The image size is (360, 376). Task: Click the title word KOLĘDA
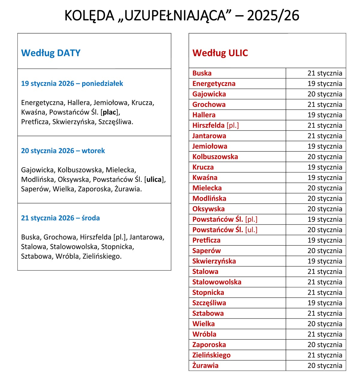89,16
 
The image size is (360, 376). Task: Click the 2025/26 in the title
273,16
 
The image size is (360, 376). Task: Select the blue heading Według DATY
51,53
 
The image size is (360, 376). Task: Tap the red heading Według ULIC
220,53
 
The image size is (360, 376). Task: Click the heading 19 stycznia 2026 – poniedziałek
72,83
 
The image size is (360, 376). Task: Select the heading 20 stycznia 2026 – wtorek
63,151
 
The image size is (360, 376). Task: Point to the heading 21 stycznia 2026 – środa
60,218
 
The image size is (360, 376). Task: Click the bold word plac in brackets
109,112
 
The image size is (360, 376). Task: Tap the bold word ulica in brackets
154,180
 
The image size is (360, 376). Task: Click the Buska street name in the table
202,73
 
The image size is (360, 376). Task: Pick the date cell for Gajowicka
325,94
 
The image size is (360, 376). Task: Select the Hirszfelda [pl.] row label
215,125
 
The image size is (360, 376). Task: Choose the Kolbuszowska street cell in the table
215,157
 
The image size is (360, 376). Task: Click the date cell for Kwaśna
325,177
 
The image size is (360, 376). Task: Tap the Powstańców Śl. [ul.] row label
225,230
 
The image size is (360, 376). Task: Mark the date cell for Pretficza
325,240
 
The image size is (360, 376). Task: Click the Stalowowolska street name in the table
217,282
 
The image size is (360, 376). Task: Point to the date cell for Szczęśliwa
325,303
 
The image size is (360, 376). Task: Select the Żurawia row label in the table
205,365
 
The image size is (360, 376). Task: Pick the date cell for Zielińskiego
325,355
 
